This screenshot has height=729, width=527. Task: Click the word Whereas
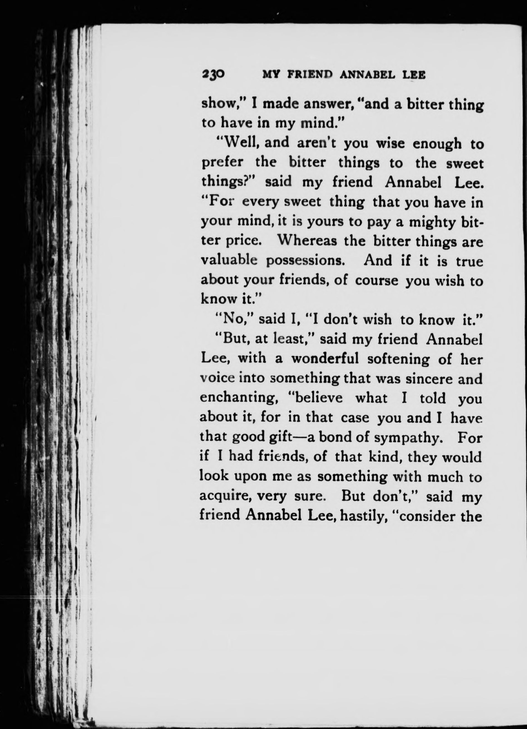[x=306, y=242]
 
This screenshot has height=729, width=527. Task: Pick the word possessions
[x=306, y=262]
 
